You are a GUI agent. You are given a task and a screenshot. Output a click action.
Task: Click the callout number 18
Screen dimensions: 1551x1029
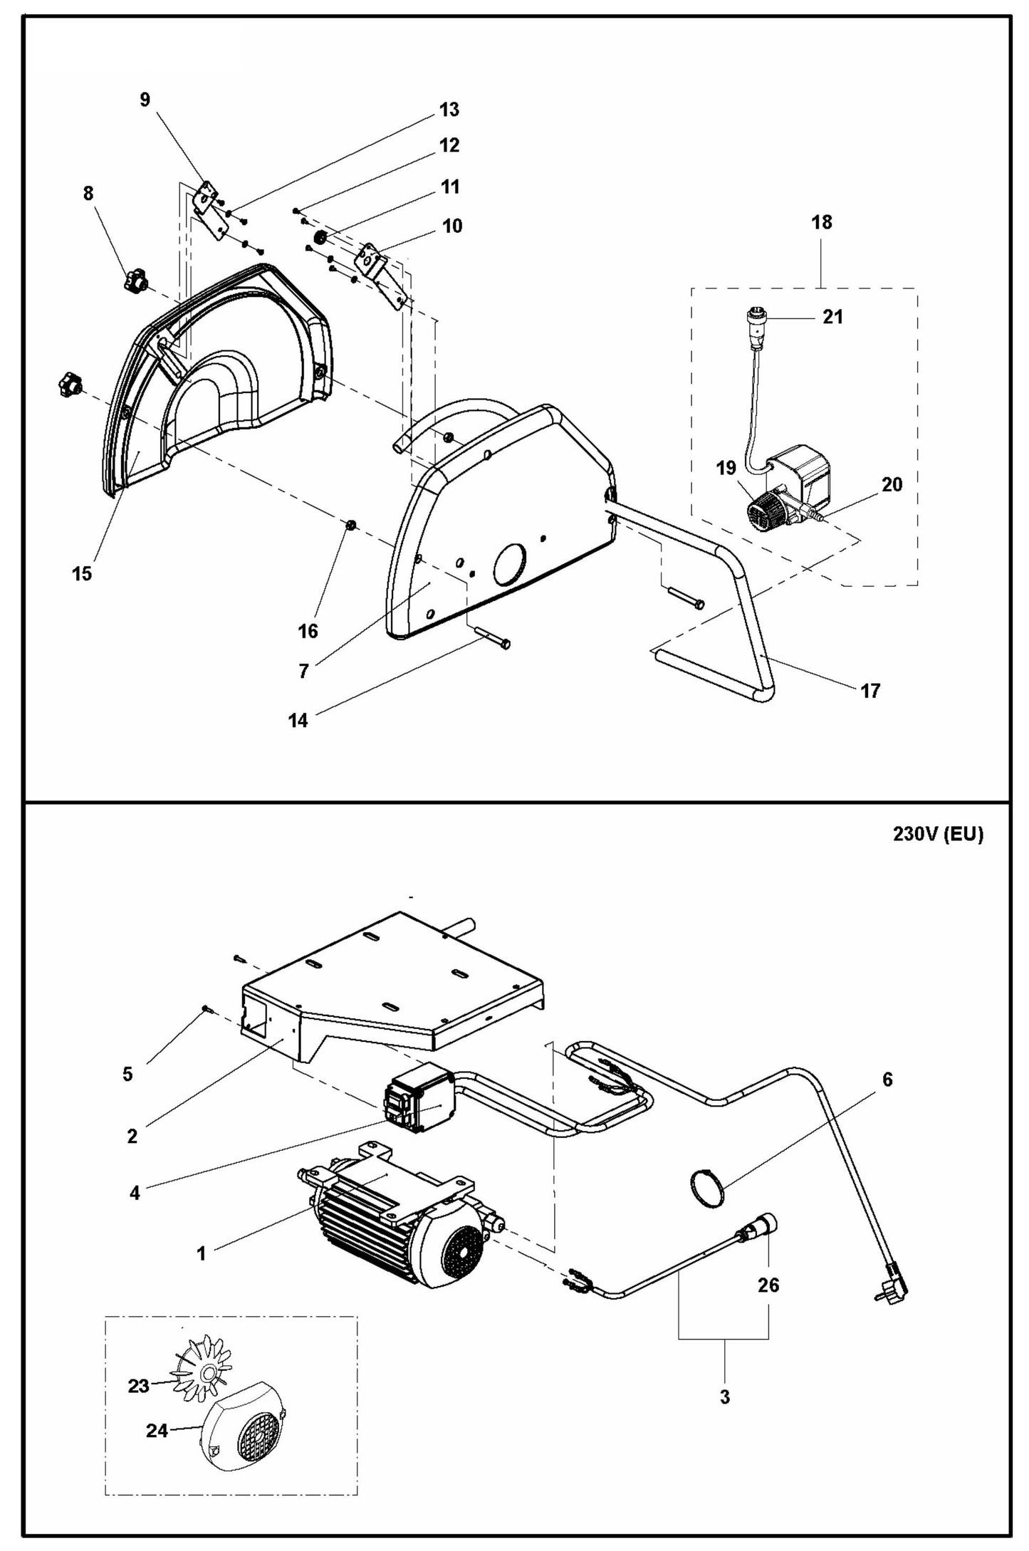coord(821,222)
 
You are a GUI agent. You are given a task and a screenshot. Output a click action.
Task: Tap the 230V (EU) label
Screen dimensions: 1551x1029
coord(938,835)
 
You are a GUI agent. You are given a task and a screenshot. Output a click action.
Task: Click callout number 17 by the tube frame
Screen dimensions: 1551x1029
coord(870,690)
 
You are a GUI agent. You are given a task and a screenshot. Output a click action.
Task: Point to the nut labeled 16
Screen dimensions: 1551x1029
coord(351,526)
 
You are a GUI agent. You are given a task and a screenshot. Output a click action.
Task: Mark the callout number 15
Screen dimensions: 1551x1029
coord(82,573)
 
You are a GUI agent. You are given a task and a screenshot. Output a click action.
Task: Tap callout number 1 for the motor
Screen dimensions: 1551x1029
coord(201,1254)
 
